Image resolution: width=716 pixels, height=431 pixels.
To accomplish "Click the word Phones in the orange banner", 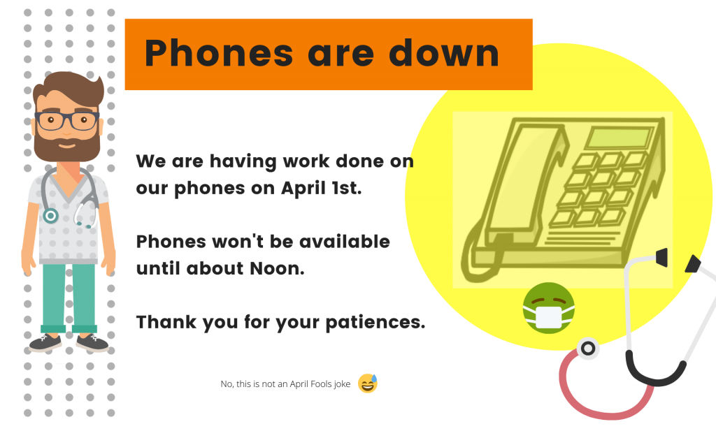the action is click(x=218, y=53).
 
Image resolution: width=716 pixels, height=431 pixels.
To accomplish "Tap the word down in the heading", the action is click(x=444, y=53).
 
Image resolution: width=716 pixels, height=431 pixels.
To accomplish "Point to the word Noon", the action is click(x=277, y=268).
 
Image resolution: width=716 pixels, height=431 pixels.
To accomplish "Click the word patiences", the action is click(x=375, y=323).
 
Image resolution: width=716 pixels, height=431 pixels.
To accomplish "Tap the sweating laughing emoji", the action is click(x=368, y=383).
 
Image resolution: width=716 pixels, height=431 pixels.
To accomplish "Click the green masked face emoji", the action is click(x=548, y=308).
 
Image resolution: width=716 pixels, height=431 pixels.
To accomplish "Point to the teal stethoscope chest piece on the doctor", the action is click(x=50, y=215).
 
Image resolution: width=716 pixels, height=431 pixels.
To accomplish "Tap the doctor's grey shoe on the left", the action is click(x=45, y=342).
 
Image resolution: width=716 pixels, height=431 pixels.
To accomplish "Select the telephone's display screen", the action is click(x=620, y=138).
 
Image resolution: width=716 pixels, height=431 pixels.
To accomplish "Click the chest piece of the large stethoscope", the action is click(x=587, y=349).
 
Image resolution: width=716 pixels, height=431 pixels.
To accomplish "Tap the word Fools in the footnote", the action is click(x=320, y=384).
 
